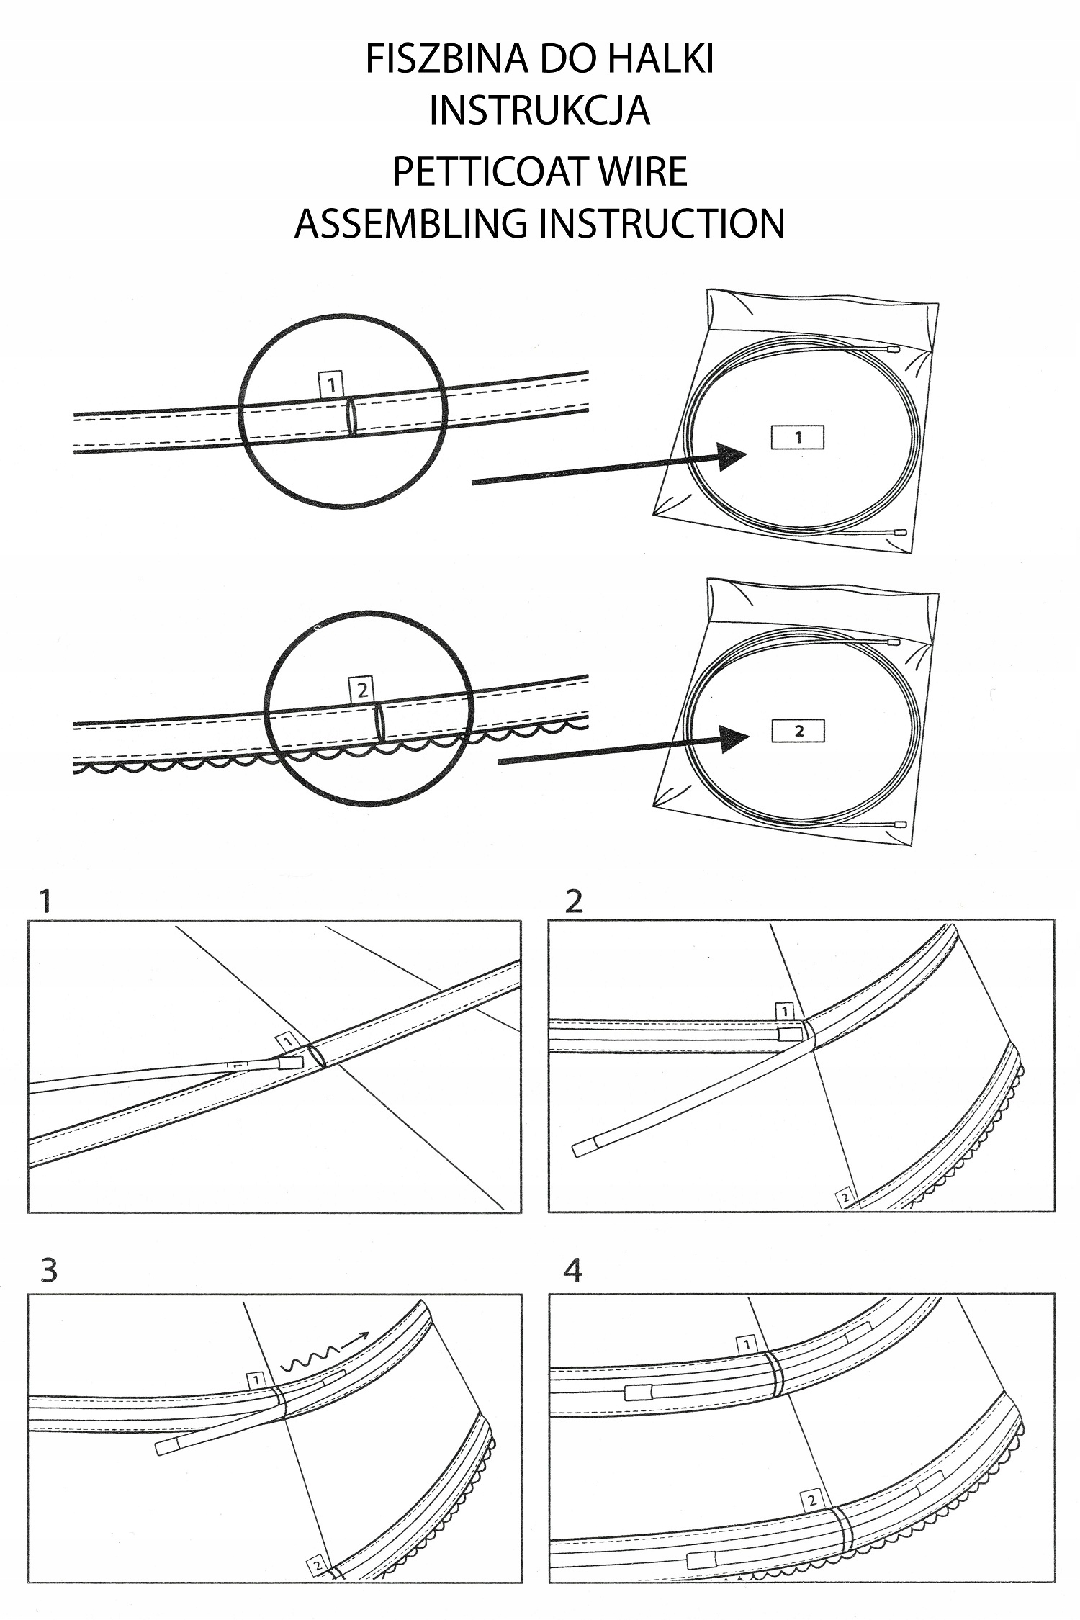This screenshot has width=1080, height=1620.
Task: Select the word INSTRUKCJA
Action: coord(539,110)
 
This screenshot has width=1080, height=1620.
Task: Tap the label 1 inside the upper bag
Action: coord(798,437)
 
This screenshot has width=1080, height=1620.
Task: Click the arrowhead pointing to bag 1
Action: coord(733,456)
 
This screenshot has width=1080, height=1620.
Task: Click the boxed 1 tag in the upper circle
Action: coord(330,385)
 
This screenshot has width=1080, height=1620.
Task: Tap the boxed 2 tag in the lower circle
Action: coord(361,690)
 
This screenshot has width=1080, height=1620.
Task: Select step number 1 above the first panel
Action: coord(46,901)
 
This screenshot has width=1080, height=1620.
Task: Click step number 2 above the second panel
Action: coord(573,901)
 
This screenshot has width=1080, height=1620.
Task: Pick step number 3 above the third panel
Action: coord(48,1271)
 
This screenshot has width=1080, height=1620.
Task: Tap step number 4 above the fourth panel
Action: coord(573,1271)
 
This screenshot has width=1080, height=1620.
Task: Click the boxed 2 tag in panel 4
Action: coord(811,1501)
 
